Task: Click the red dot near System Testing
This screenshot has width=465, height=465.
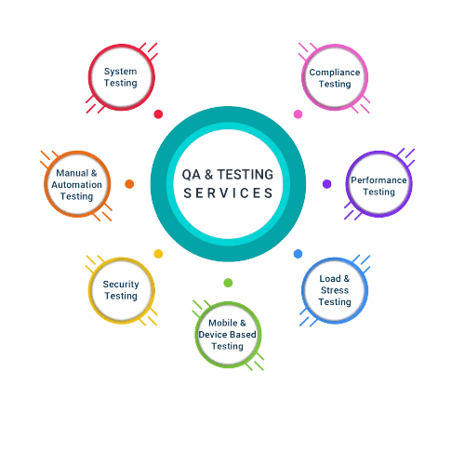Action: pos(158,114)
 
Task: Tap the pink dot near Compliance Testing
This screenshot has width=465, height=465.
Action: pos(298,114)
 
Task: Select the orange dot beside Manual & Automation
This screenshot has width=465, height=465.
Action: pos(129,184)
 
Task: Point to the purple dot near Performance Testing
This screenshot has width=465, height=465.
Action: pos(327,184)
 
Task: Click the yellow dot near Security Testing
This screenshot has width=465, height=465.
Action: pos(158,254)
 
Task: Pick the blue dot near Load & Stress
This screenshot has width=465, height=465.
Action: pos(298,254)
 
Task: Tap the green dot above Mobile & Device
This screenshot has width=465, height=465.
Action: pos(228,283)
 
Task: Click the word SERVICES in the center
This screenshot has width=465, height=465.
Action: pos(228,193)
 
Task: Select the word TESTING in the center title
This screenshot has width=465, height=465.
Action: pos(246,175)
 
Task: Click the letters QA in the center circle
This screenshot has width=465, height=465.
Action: pos(192,175)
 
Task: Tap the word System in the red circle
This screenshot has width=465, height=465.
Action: pos(120,72)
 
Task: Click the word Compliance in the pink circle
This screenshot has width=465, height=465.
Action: pos(335,73)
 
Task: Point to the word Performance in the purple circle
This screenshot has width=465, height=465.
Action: pos(379,180)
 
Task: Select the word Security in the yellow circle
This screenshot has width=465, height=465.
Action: pos(121,285)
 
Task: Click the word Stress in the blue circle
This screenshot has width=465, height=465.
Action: pos(335,290)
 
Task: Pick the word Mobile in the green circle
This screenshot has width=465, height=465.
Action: pos(223,323)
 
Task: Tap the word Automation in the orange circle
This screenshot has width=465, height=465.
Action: pos(76,185)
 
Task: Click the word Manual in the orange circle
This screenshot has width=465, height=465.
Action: pos(73,173)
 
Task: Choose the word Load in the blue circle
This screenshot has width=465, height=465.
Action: pos(330,279)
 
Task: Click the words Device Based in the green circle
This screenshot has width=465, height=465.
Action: pos(227,335)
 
